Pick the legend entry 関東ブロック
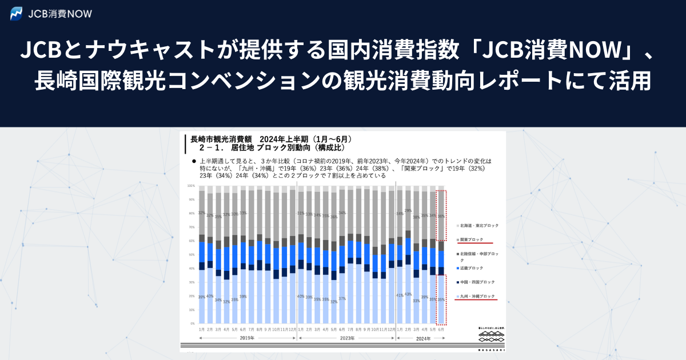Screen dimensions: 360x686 pyautogui.click(x=472, y=239)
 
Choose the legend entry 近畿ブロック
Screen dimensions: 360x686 pyautogui.click(x=472, y=268)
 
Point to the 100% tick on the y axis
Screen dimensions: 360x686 pyautogui.click(x=191, y=186)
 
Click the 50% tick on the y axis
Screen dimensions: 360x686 pyautogui.click(x=192, y=254)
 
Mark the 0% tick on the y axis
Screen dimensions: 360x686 pyautogui.click(x=192, y=323)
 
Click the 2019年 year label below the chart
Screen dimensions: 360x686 pyautogui.click(x=247, y=338)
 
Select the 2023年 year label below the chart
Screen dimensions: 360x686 pyautogui.click(x=346, y=338)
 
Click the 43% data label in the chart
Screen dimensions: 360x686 pyautogui.click(x=408, y=294)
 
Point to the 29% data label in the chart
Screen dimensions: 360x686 pyautogui.click(x=408, y=211)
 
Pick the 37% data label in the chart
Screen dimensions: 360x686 pyautogui.click(x=342, y=299)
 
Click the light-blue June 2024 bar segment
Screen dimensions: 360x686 pyautogui.click(x=441, y=299)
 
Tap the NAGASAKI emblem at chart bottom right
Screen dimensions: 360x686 pyautogui.click(x=492, y=337)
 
